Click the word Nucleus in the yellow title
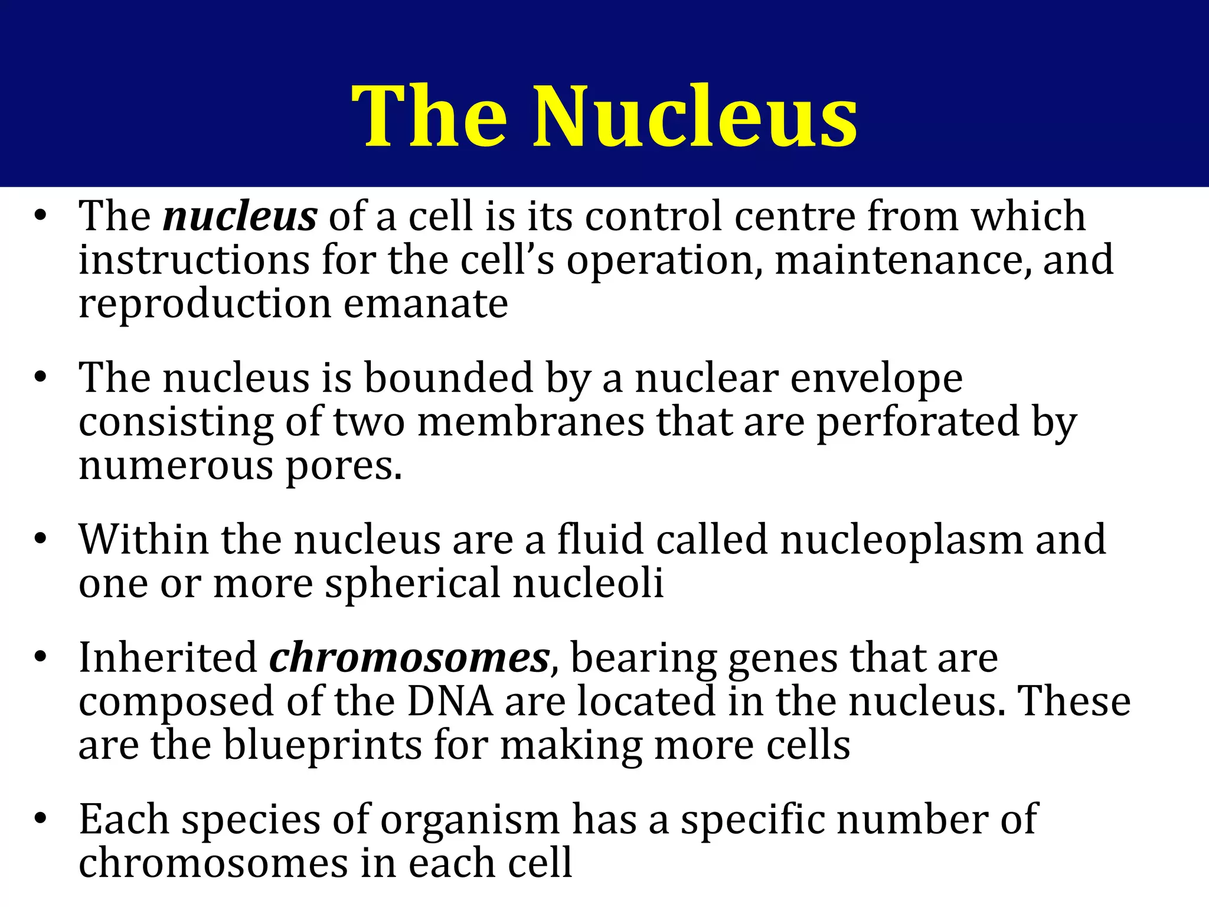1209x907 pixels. point(695,116)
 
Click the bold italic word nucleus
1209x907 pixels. point(240,217)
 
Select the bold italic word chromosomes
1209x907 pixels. point(410,658)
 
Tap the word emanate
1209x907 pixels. point(426,304)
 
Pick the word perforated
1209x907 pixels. point(918,422)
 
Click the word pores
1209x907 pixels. point(344,466)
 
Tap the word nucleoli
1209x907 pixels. point(589,583)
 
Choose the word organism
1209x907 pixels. point(469,820)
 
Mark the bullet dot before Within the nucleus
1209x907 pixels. point(40,539)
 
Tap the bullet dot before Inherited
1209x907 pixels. point(40,657)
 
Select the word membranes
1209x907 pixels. point(531,422)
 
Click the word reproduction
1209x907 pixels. point(205,304)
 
